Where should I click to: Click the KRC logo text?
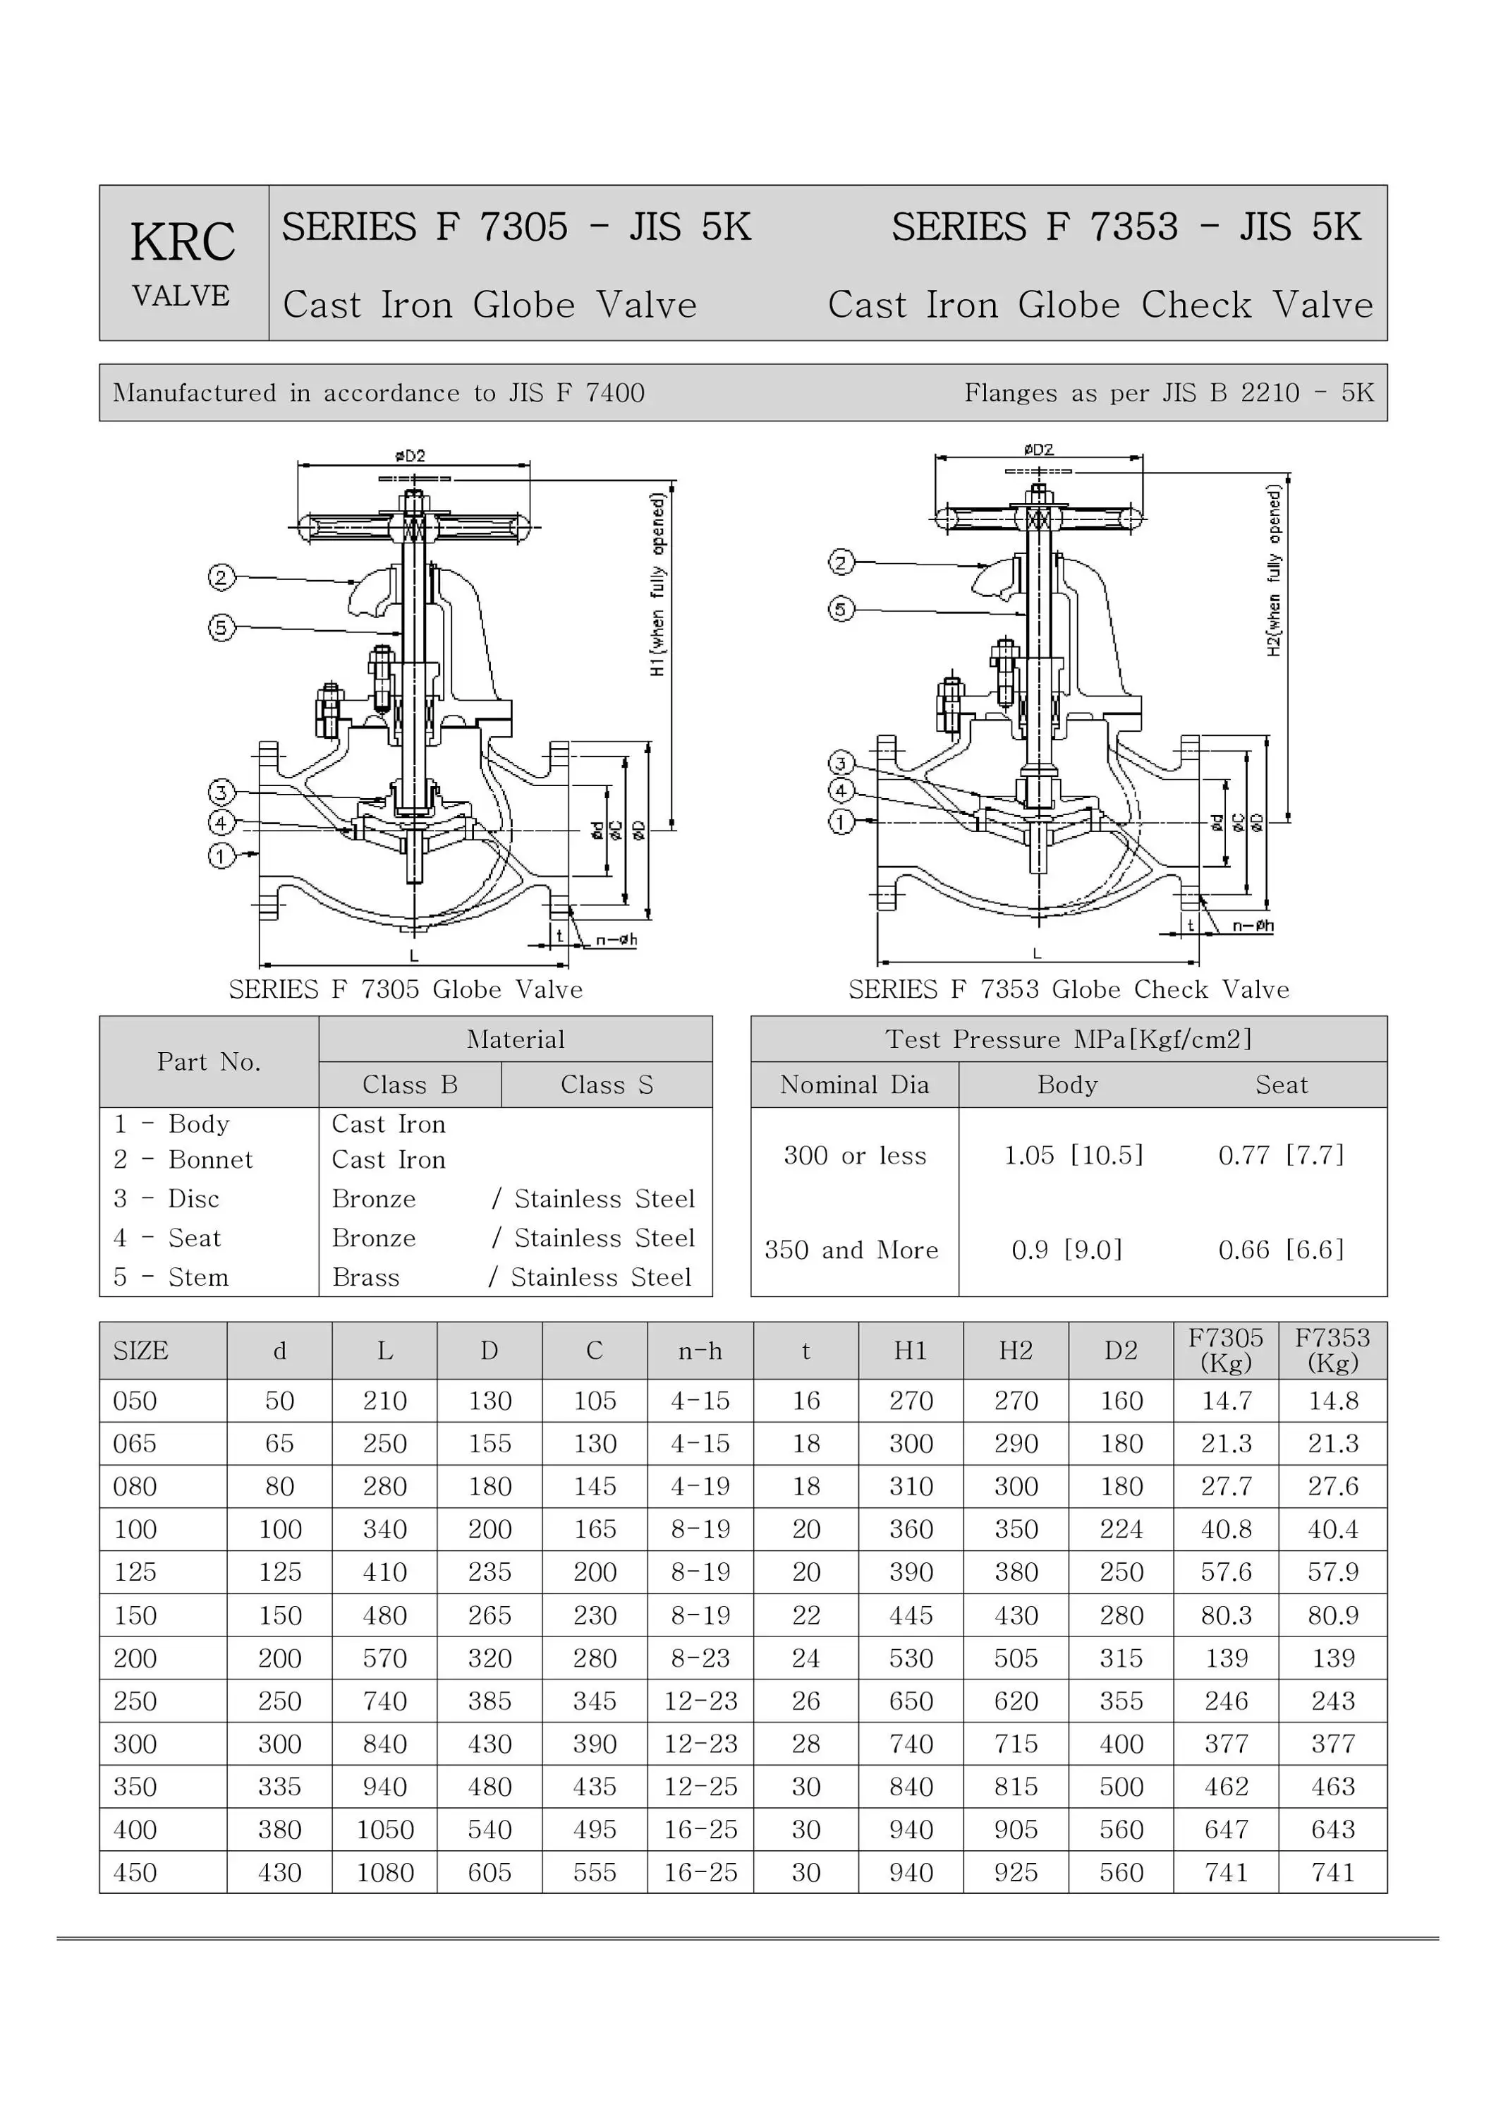click(x=183, y=243)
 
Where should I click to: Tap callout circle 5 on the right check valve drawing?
click(x=841, y=608)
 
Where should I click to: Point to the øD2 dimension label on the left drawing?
click(x=411, y=455)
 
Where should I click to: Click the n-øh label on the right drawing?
click(x=1253, y=926)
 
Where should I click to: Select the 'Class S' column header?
click(x=607, y=1085)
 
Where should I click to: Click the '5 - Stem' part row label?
click(x=171, y=1277)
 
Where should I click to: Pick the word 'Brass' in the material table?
click(x=366, y=1277)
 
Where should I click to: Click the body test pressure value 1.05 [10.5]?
click(x=1073, y=1155)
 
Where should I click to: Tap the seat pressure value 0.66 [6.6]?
click(x=1282, y=1250)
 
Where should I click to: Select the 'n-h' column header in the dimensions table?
click(x=700, y=1352)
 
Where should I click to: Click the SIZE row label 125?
click(x=135, y=1572)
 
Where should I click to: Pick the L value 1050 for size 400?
click(x=384, y=1830)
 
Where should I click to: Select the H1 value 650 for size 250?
click(x=911, y=1701)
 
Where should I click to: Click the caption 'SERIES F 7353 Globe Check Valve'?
click(x=1069, y=989)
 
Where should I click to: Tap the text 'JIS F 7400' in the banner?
click(x=576, y=393)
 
